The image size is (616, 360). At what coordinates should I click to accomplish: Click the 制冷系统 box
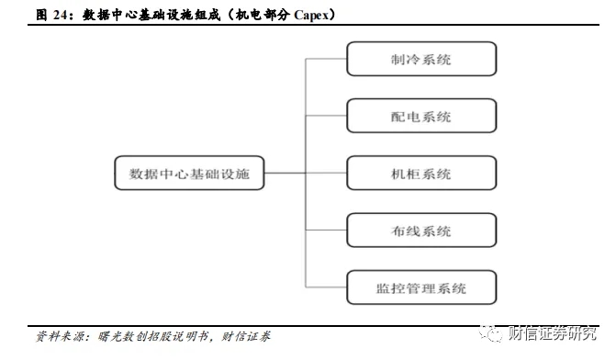pyautogui.click(x=421, y=60)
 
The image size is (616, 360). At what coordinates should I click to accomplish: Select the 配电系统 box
pyautogui.click(x=421, y=117)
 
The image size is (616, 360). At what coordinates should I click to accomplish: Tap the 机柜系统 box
pyautogui.click(x=421, y=174)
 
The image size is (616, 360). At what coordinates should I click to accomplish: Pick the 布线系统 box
pyautogui.click(x=421, y=231)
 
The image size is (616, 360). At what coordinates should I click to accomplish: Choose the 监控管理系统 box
pyautogui.click(x=421, y=287)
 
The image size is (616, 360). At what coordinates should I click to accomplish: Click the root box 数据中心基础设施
pyautogui.click(x=189, y=174)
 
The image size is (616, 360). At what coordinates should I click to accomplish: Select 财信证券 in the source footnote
pyautogui.click(x=246, y=336)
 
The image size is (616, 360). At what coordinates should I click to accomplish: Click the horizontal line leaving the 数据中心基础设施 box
pyautogui.click(x=285, y=174)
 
